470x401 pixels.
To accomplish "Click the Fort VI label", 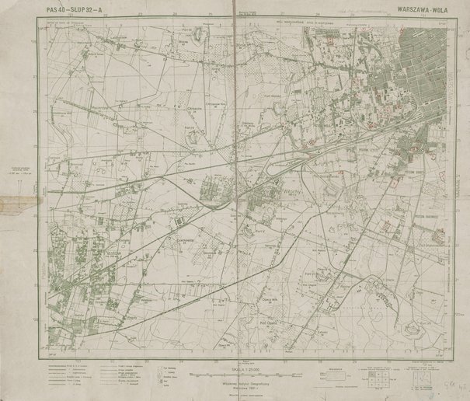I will coord(308,273).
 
